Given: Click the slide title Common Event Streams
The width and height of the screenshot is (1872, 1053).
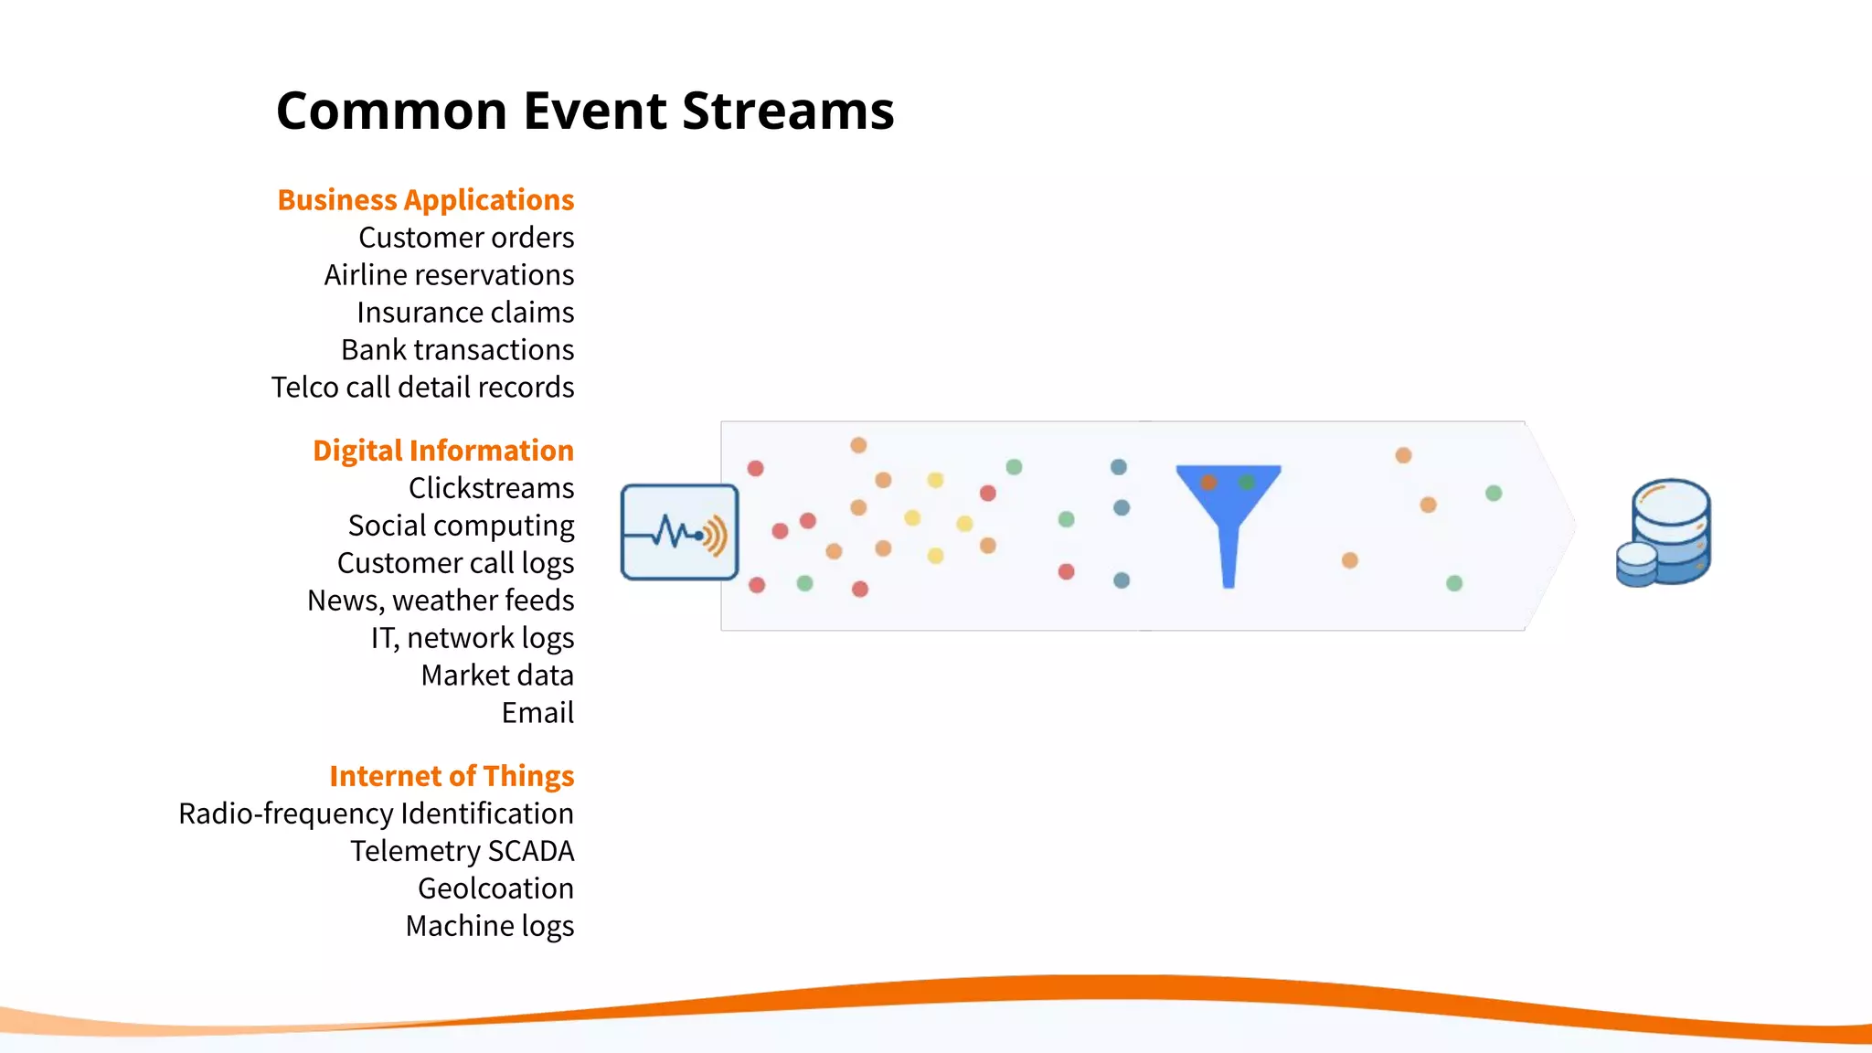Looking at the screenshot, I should pyautogui.click(x=585, y=111).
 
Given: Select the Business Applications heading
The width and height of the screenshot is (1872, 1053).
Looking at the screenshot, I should pyautogui.click(x=426, y=199).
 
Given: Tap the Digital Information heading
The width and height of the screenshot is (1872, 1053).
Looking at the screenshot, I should pyautogui.click(x=443, y=450).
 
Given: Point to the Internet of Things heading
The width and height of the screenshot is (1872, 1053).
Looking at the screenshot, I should pyautogui.click(x=452, y=775).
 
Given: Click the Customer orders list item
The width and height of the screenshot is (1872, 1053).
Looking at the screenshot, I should pyautogui.click(x=466, y=238).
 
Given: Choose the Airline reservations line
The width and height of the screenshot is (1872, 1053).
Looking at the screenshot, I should pyautogui.click(x=449, y=275).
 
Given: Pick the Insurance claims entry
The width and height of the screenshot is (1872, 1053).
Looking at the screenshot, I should pyautogui.click(x=465, y=313).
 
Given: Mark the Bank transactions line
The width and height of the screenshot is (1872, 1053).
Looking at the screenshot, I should pyautogui.click(x=457, y=350).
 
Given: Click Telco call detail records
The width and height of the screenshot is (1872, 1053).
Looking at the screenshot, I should pyautogui.click(x=422, y=388).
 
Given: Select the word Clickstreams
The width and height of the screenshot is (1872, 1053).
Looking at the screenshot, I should pyautogui.click(x=491, y=488).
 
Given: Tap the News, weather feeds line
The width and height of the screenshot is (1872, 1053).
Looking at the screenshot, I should pyautogui.click(x=441, y=601).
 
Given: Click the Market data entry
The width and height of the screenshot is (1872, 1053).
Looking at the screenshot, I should pyautogui.click(x=497, y=675).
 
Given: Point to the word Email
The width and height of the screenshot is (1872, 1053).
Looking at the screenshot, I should pyautogui.click(x=537, y=713).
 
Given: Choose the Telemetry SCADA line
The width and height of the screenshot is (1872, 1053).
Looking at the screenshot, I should pyautogui.click(x=462, y=851).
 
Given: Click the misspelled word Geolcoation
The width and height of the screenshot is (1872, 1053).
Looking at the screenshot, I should pyautogui.click(x=495, y=888).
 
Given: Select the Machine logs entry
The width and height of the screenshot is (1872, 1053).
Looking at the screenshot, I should pyautogui.click(x=490, y=926).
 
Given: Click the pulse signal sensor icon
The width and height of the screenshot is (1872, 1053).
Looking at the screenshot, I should pyautogui.click(x=679, y=532).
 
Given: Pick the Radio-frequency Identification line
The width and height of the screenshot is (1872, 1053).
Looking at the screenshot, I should pyautogui.click(x=376, y=814).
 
